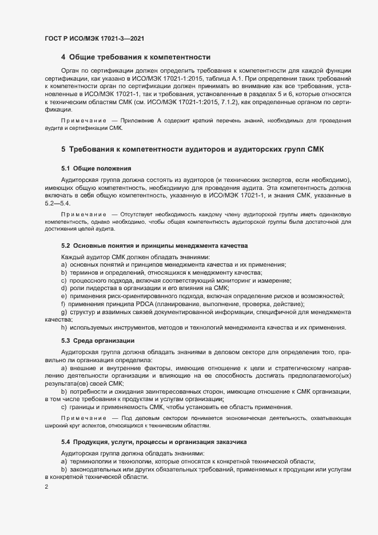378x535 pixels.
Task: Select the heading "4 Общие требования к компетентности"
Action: click(x=136, y=57)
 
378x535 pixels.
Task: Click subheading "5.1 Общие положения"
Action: click(x=96, y=168)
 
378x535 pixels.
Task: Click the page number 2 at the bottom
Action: click(x=46, y=487)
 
